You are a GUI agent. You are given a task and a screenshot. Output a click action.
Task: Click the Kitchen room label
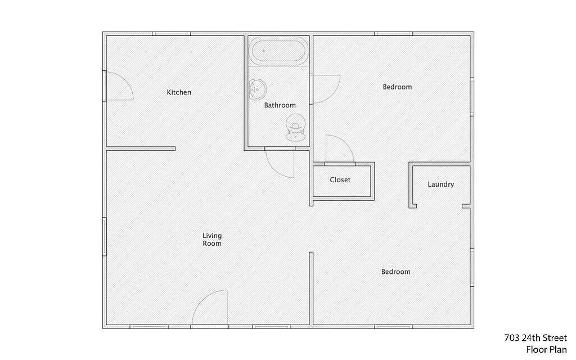pos(179,92)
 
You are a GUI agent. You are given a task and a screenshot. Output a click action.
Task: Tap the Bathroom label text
pos(280,105)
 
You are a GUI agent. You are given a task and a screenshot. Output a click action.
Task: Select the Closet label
pos(340,180)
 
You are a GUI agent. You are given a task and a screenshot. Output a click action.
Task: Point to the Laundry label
pos(440,184)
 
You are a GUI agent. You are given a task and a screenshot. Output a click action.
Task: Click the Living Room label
pos(212,240)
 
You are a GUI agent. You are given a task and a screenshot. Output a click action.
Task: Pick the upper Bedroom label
pos(397,87)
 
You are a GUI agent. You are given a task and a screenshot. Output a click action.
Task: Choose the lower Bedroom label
pos(395,272)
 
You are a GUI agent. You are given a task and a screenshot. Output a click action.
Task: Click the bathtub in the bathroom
pos(279,52)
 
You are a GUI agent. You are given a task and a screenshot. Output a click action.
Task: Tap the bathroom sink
pos(258,89)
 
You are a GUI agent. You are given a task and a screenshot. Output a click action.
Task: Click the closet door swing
pos(339,150)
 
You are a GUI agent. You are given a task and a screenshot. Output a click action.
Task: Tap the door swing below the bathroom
pos(280,163)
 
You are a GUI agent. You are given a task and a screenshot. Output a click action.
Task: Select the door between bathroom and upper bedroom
pos(326,89)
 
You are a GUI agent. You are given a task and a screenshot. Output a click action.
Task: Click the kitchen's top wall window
pos(172,34)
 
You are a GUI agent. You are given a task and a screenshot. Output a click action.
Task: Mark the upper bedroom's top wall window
pos(393,34)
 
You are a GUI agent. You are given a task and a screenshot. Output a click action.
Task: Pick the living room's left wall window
pos(105,236)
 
